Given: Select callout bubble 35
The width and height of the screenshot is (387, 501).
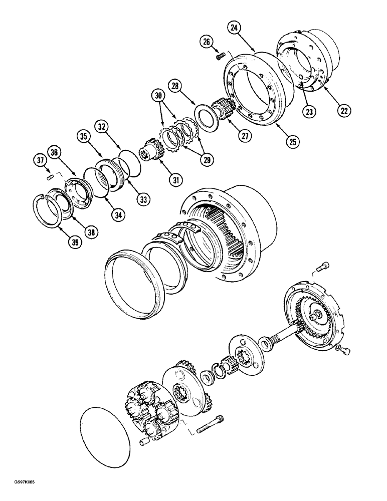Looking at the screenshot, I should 82,137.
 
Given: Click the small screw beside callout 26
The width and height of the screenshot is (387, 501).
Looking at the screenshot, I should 219,57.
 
